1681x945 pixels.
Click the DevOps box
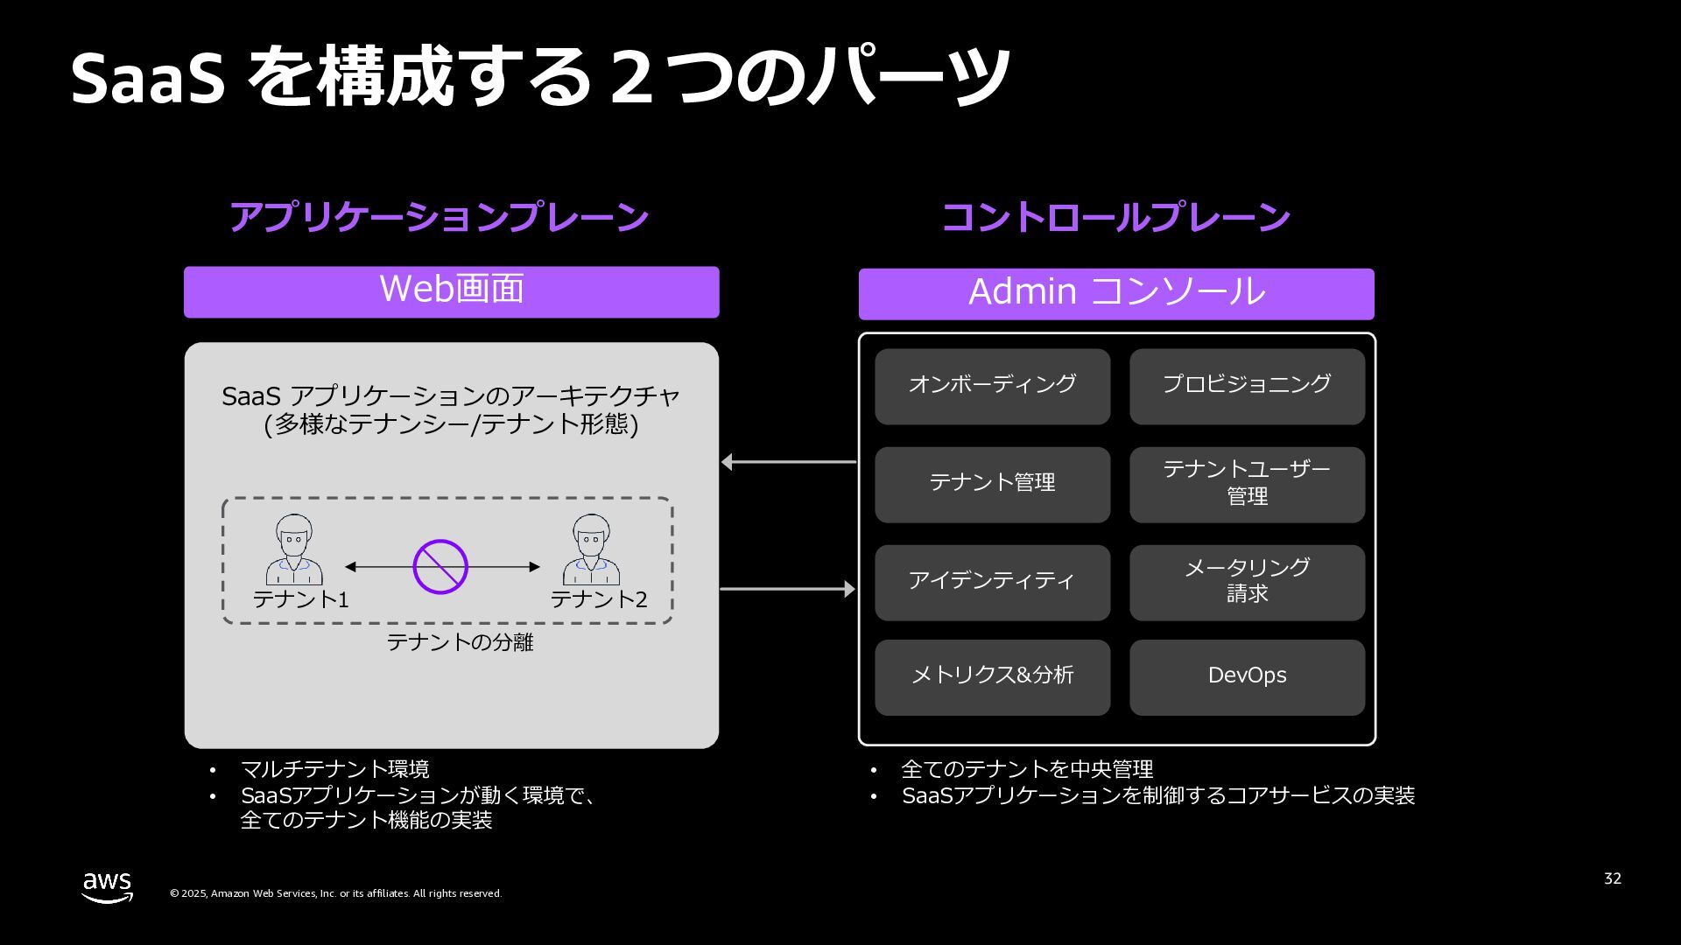(x=1247, y=676)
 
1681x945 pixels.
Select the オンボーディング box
(x=992, y=386)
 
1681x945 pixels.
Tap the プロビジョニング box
(x=1247, y=386)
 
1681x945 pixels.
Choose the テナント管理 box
(x=992, y=484)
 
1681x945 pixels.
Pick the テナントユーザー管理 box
(x=1247, y=484)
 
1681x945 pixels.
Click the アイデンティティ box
(x=992, y=582)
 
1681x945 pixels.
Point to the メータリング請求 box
(x=1247, y=582)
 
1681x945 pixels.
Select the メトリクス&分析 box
(x=992, y=676)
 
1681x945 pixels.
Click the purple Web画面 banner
(x=451, y=291)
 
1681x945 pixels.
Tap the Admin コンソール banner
(x=1116, y=293)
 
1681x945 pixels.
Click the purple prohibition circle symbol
(x=440, y=567)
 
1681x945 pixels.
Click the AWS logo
(x=108, y=886)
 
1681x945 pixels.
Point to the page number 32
(x=1612, y=878)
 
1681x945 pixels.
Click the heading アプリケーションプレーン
(x=439, y=217)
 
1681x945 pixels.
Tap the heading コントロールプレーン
(x=1115, y=217)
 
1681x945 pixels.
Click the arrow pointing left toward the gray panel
(x=788, y=462)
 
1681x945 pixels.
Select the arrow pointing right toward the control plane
(x=788, y=589)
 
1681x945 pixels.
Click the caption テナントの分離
(x=460, y=642)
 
